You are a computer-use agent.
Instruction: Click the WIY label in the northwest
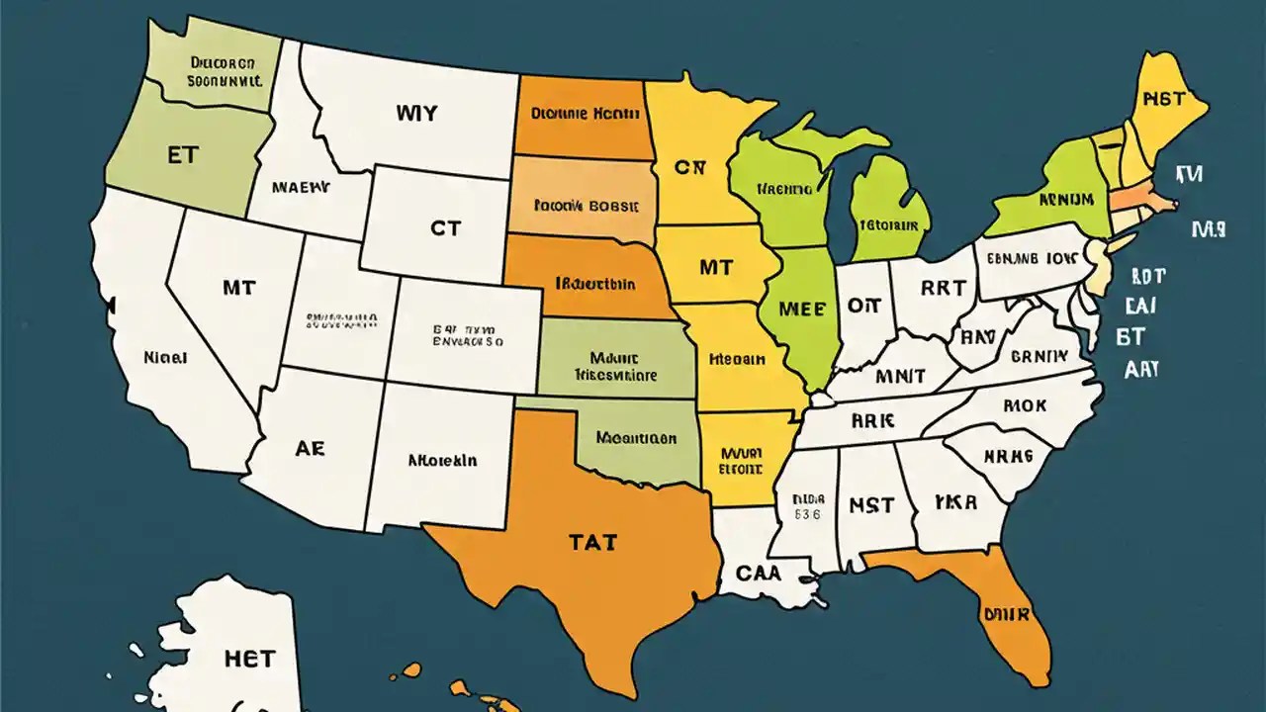[415, 113]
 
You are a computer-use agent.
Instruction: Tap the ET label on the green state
[183, 157]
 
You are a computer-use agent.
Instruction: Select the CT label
[445, 227]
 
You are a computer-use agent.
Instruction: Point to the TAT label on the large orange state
[592, 542]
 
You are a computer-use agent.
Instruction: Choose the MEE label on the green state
[801, 308]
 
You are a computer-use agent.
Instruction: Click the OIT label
[864, 307]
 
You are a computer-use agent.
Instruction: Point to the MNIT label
[900, 376]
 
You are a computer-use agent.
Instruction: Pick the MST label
[871, 505]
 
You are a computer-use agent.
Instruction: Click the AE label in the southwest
[310, 448]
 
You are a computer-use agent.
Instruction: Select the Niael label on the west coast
[165, 357]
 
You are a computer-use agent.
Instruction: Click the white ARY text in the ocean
[1141, 370]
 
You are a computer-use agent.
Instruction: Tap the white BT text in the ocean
[1130, 337]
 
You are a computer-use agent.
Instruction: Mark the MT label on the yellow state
[714, 267]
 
